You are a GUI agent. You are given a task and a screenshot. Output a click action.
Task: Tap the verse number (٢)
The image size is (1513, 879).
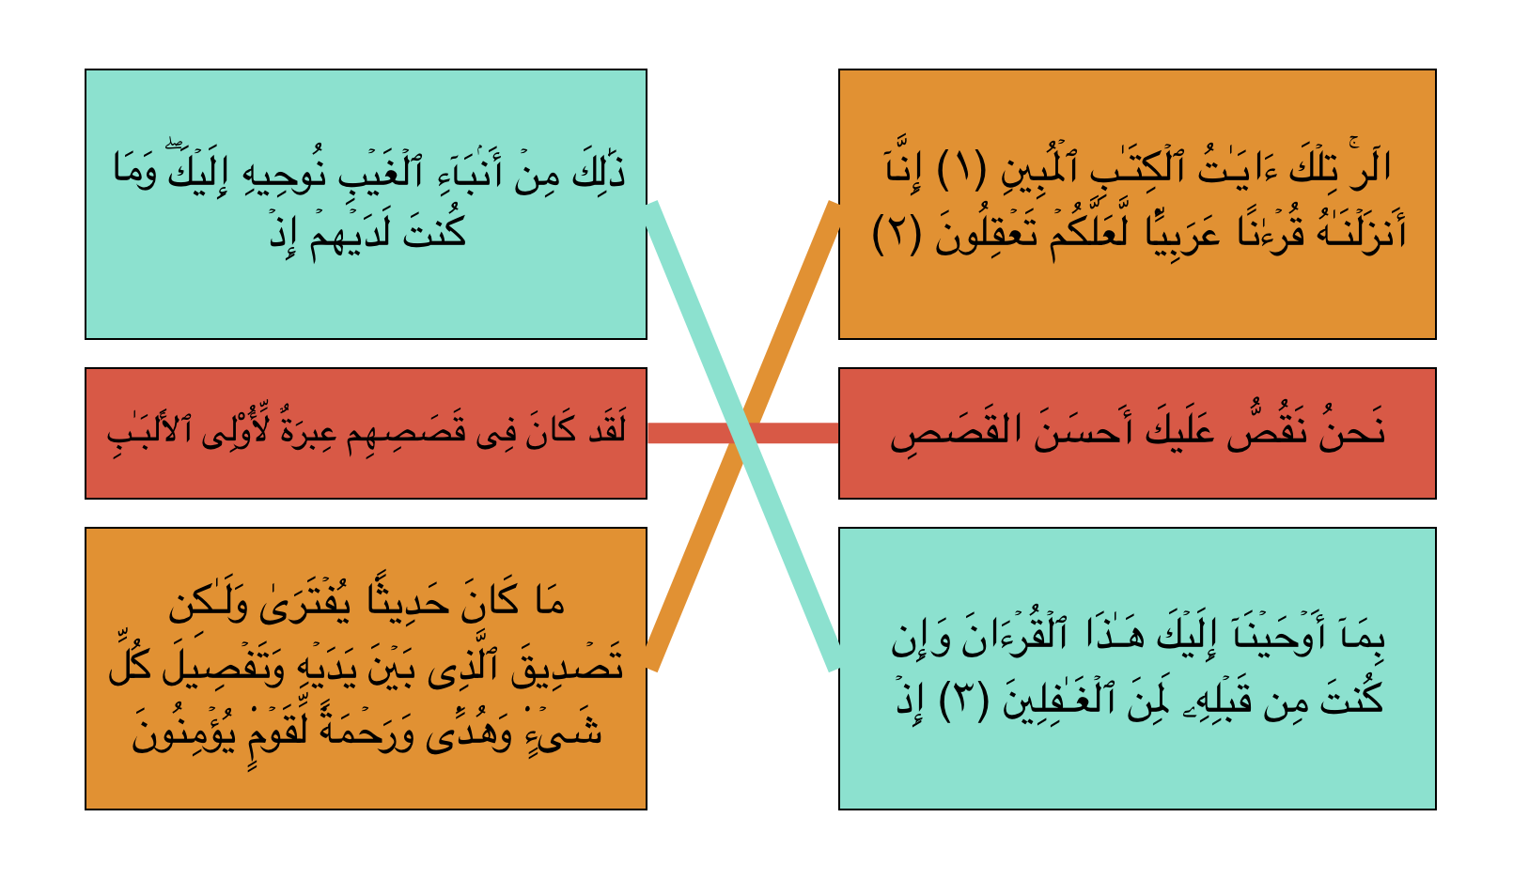pyautogui.click(x=897, y=234)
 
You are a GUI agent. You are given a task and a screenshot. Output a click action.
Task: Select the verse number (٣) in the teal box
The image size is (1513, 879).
pyautogui.click(x=964, y=702)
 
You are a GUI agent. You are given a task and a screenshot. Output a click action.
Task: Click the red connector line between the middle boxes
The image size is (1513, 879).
pyautogui.click(x=743, y=433)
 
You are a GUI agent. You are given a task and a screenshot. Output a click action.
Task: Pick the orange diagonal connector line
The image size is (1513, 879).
pyautogui.click(x=743, y=436)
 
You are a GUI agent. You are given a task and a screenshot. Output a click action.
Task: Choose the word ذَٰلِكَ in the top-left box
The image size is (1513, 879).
pyautogui.click(x=599, y=170)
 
